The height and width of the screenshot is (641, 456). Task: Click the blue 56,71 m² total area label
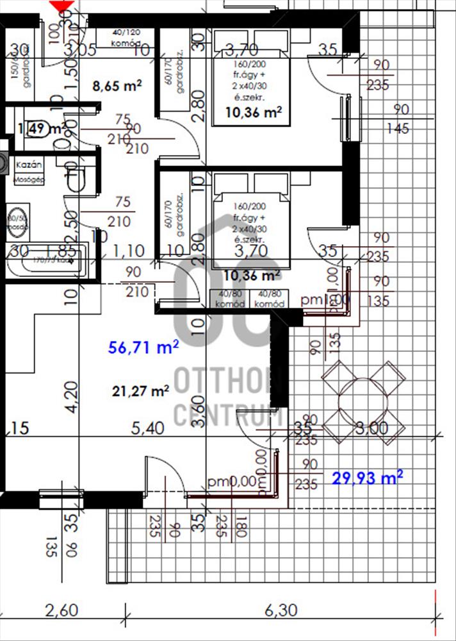143,348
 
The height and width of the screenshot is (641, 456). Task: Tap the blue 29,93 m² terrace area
368,477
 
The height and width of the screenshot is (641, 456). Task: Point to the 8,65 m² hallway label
117,85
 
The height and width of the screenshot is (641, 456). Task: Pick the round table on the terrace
363,397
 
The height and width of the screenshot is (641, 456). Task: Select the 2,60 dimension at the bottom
62,612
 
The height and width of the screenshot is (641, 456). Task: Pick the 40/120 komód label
126,37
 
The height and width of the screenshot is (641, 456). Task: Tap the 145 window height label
398,129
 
